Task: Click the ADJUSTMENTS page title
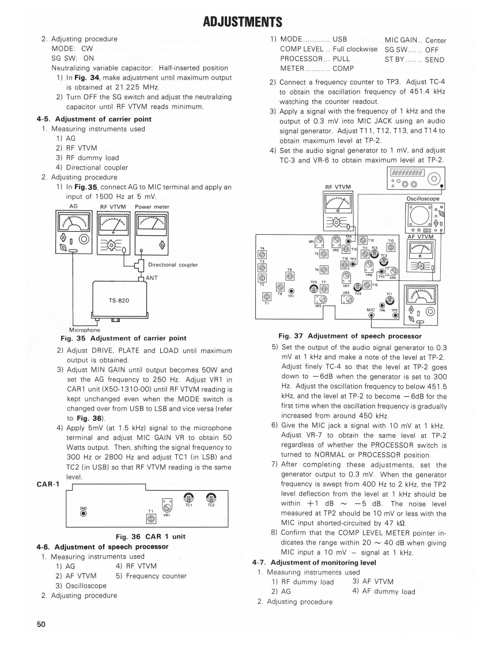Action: tap(243, 22)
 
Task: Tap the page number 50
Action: tap(41, 625)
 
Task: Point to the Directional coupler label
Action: tap(173, 265)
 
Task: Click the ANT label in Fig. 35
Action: tap(152, 278)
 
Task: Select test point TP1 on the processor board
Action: tap(291, 291)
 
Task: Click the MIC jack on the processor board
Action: tap(372, 315)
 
